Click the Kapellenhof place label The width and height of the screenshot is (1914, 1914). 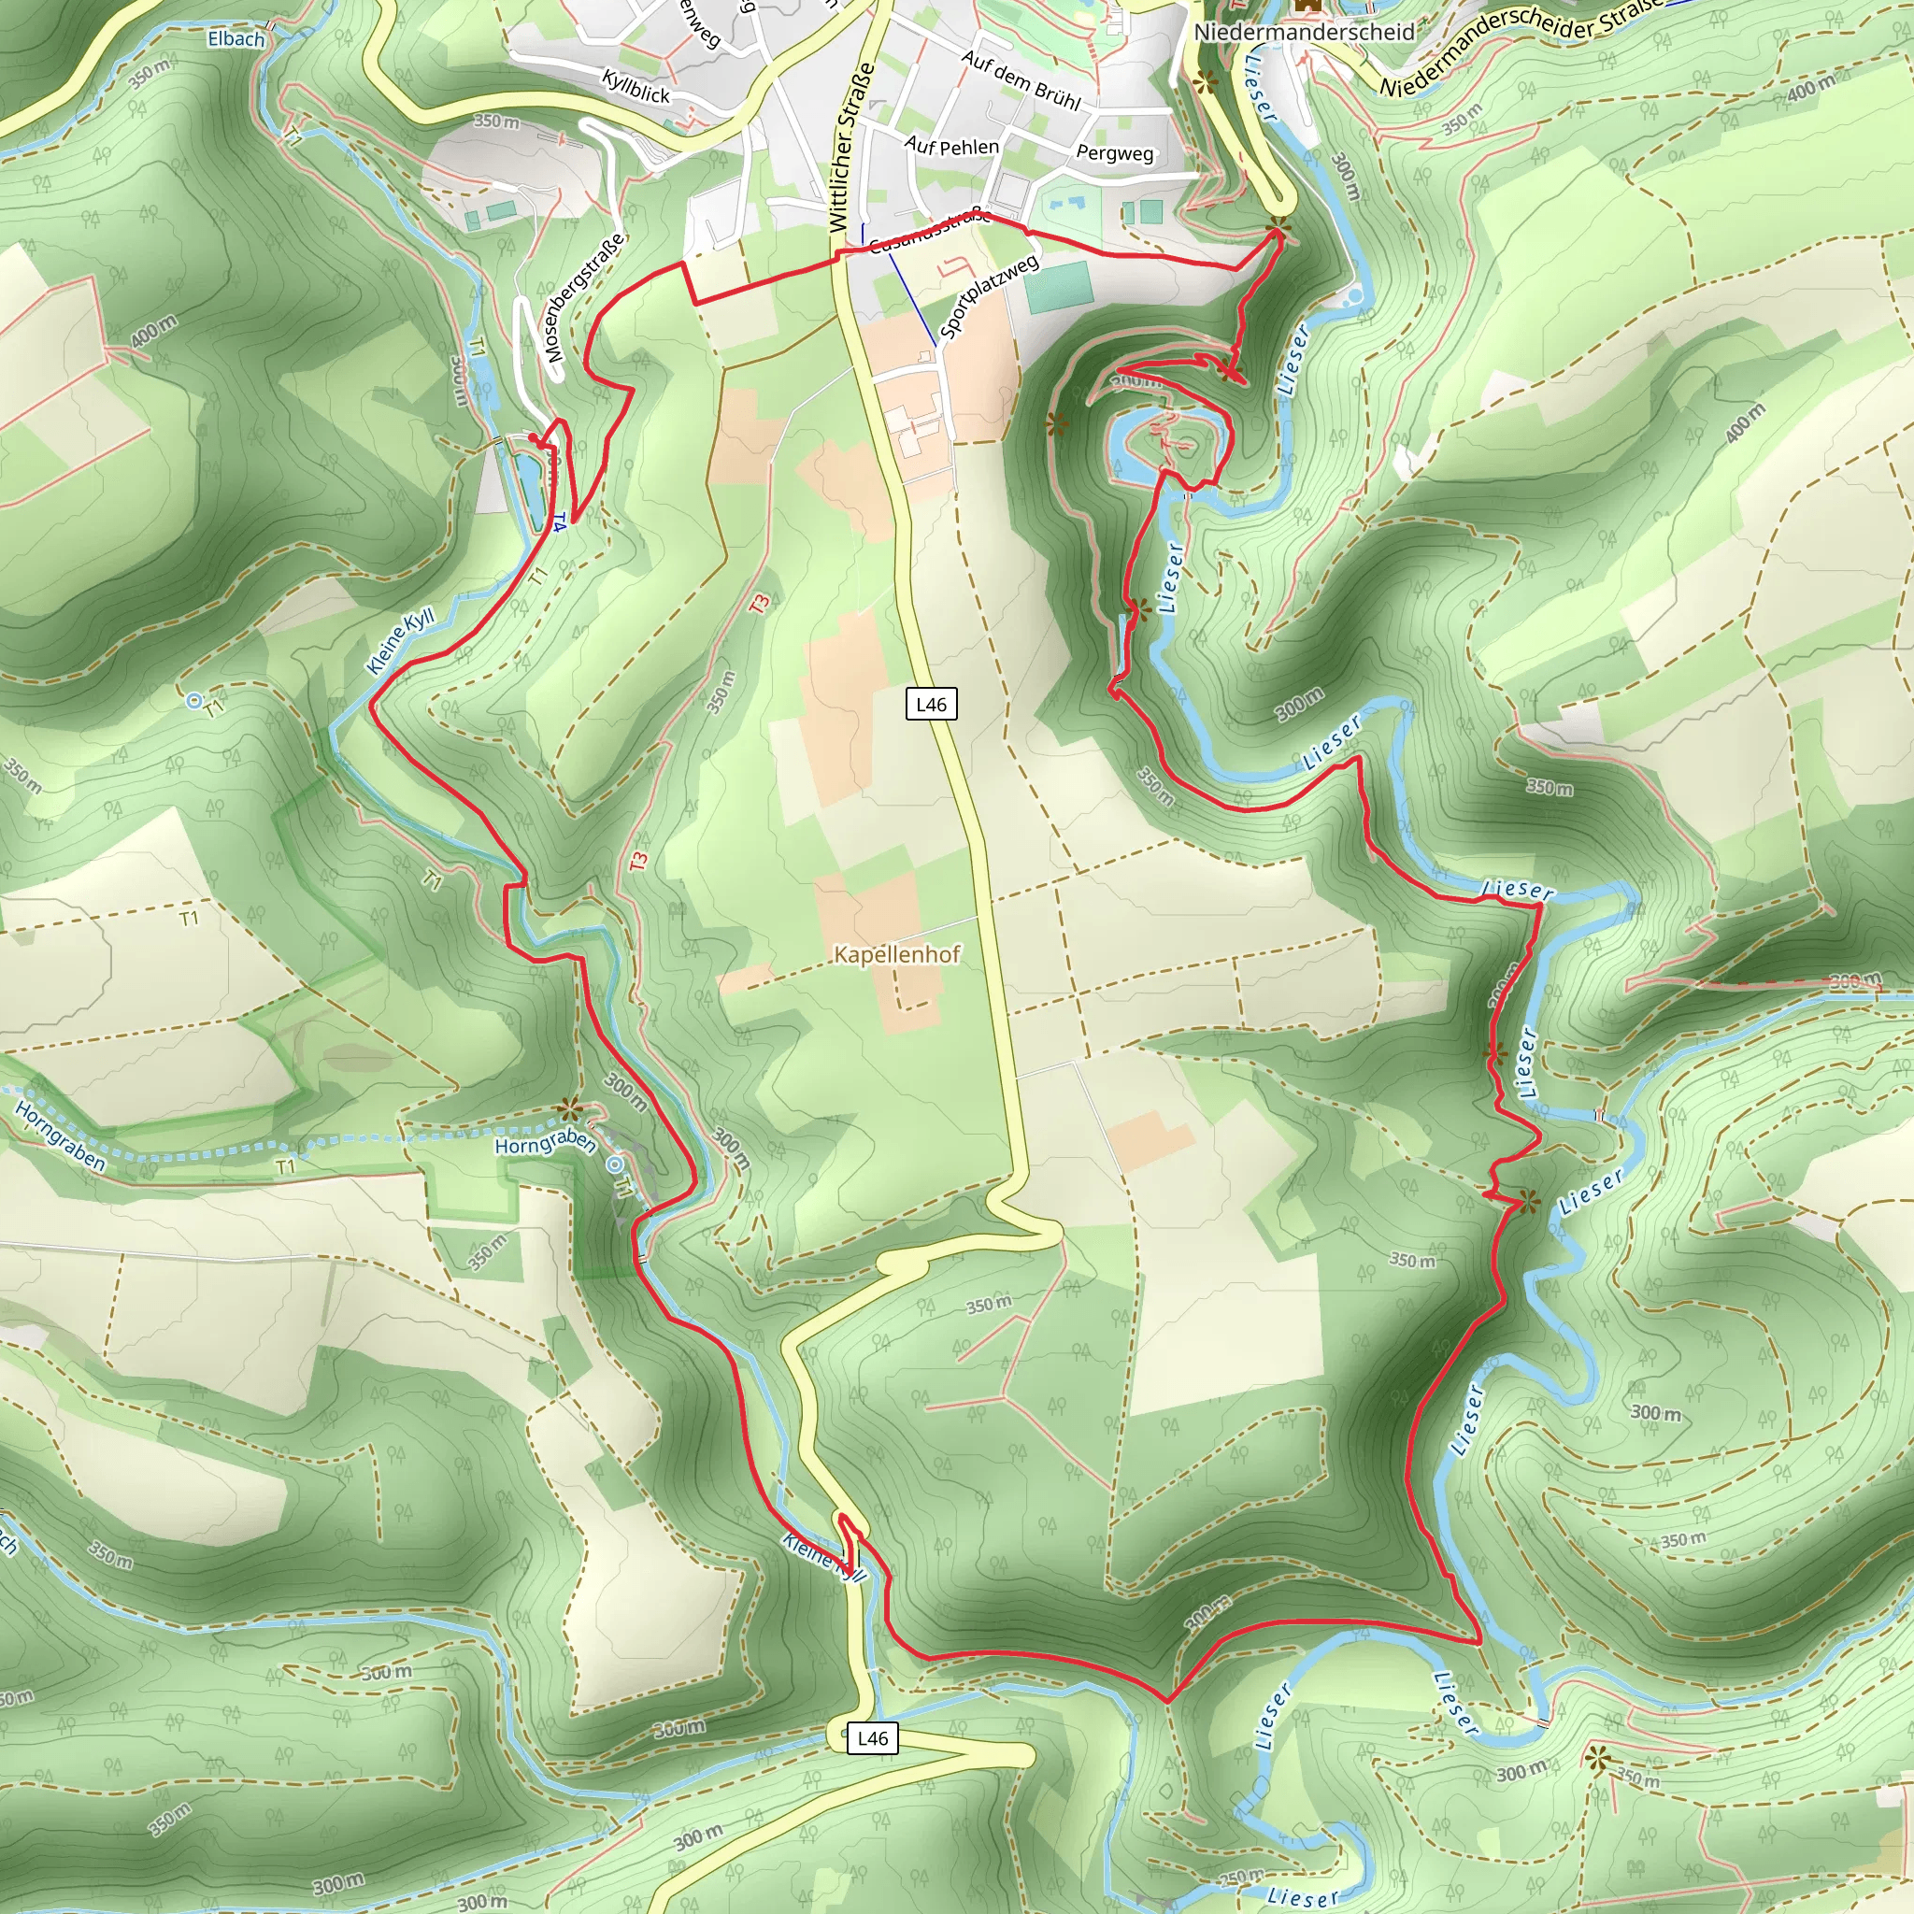pos(896,954)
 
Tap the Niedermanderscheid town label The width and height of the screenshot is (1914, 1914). pos(1304,33)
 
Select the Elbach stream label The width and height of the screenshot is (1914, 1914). pos(236,39)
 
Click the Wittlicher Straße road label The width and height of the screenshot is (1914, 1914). pos(851,149)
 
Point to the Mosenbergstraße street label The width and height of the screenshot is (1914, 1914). pos(583,296)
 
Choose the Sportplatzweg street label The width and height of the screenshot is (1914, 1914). pos(989,294)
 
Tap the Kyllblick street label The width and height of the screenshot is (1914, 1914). pos(636,87)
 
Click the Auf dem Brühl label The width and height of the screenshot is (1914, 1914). pos(1021,80)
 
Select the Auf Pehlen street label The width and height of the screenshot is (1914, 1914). pos(951,147)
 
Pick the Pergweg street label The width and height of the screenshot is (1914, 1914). pos(1115,153)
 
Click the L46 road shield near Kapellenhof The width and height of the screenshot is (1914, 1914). pos(931,705)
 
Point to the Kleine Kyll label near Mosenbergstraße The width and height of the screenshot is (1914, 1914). pos(400,641)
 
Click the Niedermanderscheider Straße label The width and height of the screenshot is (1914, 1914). pos(1521,44)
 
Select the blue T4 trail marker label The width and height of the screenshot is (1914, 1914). pos(560,522)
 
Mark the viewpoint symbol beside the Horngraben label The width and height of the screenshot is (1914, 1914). pos(568,1108)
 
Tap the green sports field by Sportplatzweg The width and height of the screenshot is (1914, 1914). pos(1059,286)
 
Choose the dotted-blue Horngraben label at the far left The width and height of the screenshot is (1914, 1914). pos(60,1136)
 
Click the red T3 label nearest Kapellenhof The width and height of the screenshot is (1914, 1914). pos(638,862)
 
